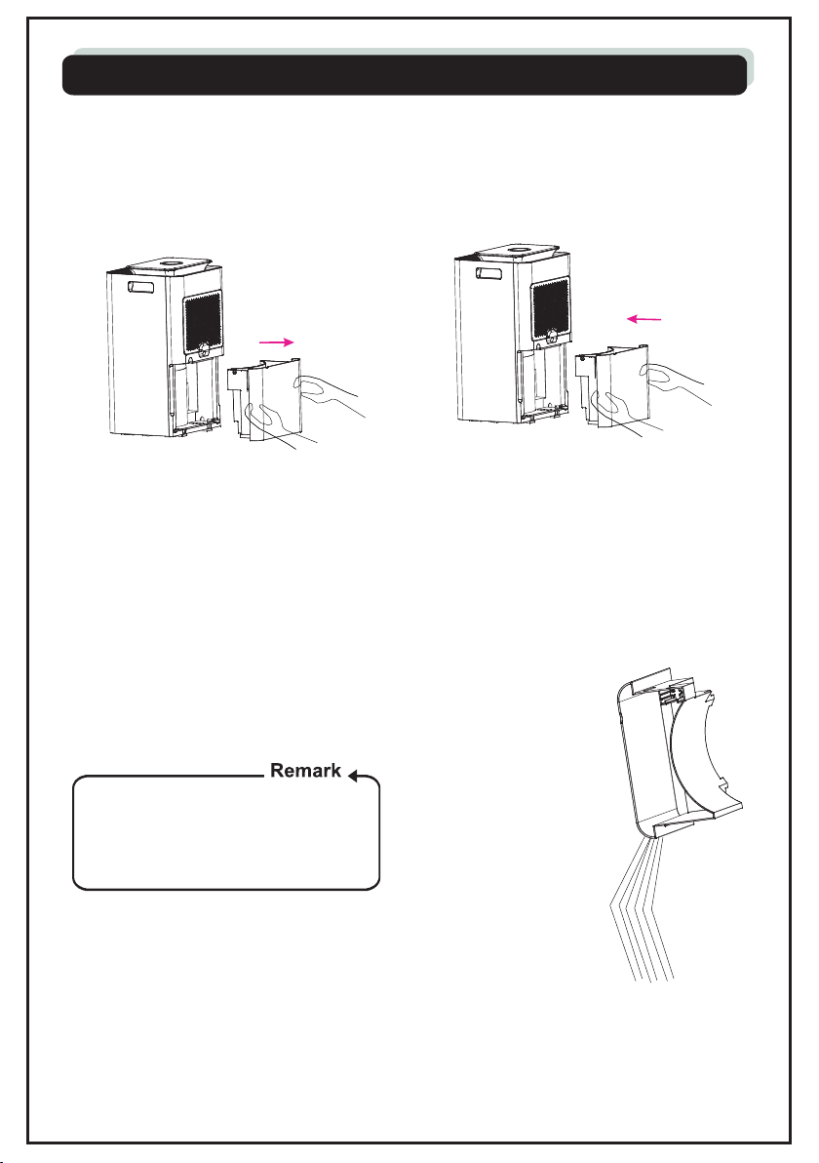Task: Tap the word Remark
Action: coord(304,771)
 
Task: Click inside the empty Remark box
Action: coord(225,835)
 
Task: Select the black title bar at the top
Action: coord(405,74)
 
